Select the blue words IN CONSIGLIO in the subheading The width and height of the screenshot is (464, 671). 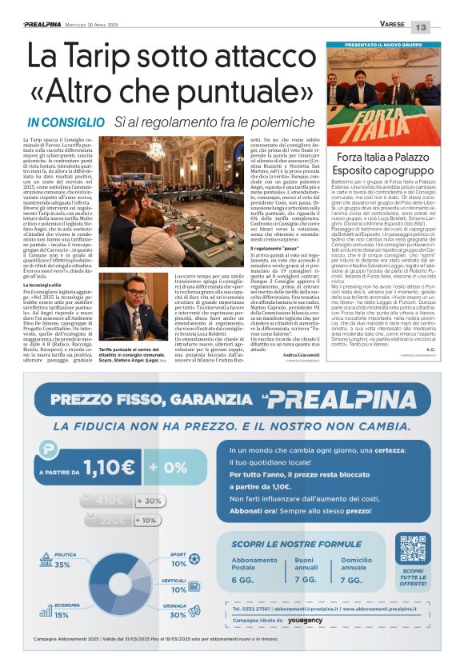(x=66, y=122)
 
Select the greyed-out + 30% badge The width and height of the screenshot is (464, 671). (x=149, y=501)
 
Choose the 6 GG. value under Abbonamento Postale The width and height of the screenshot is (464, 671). (x=242, y=579)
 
